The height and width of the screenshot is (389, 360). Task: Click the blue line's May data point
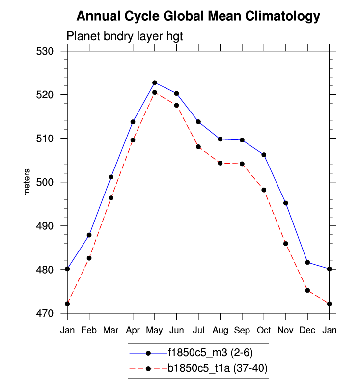click(155, 83)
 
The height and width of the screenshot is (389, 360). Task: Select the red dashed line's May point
click(155, 92)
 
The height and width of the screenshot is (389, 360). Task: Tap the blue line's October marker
click(264, 155)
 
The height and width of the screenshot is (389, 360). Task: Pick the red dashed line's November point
click(285, 244)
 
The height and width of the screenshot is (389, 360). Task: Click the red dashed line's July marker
click(198, 147)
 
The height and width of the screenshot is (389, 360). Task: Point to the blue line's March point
click(111, 177)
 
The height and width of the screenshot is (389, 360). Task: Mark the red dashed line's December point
click(307, 290)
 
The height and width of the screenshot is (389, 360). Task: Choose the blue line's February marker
click(89, 235)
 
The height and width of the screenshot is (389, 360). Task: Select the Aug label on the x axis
click(220, 330)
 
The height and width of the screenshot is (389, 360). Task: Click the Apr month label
click(133, 330)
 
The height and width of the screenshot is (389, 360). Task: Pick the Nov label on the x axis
click(285, 330)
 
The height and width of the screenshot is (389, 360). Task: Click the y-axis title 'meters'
click(27, 182)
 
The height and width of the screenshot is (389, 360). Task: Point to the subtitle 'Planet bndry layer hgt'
click(125, 36)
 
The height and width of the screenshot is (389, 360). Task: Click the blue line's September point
click(242, 140)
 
